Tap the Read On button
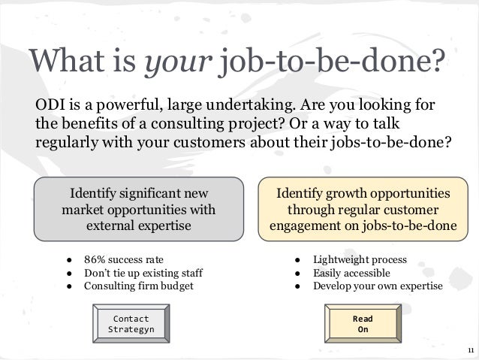[363, 324]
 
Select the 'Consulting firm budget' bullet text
[138, 286]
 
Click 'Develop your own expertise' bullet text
[378, 286]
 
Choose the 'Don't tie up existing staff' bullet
[143, 273]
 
